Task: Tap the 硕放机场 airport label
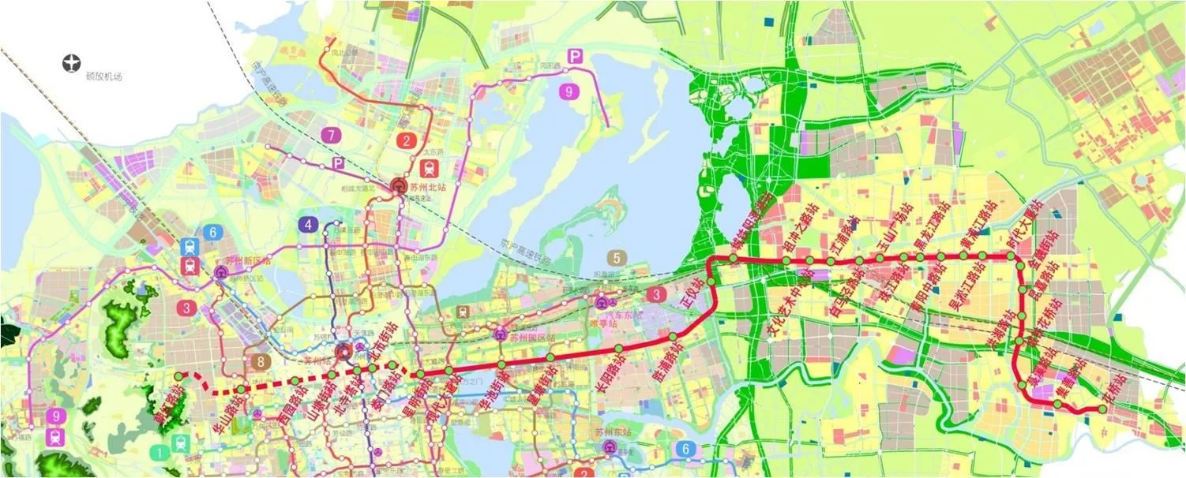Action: pyautogui.click(x=105, y=77)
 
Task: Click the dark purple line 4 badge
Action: pyautogui.click(x=309, y=224)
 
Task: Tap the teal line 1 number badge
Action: pyautogui.click(x=160, y=452)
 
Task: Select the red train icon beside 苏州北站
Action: pyautogui.click(x=429, y=167)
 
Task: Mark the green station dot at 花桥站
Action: pyautogui.click(x=1103, y=409)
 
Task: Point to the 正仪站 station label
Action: pyautogui.click(x=696, y=296)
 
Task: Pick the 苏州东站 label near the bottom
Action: pyautogui.click(x=610, y=432)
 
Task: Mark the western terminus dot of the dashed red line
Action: pyautogui.click(x=180, y=375)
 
